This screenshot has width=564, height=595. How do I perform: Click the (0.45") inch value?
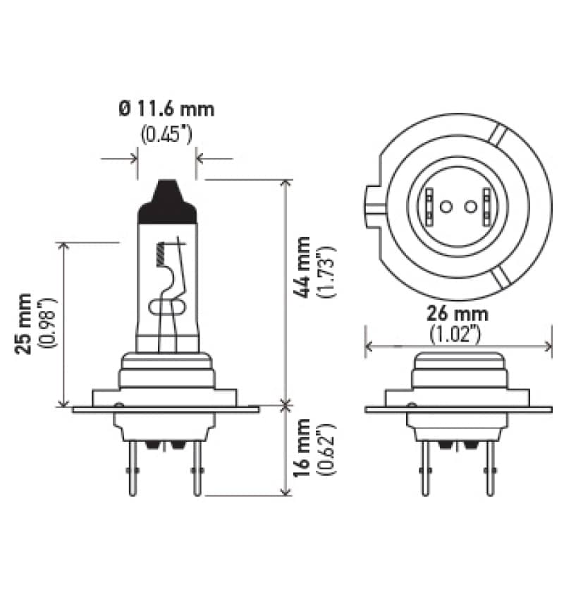point(166,133)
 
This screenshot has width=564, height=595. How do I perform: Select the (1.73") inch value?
point(325,272)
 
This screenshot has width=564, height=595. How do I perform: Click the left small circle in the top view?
point(445,207)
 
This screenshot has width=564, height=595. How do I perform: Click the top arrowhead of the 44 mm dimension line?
point(286,184)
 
